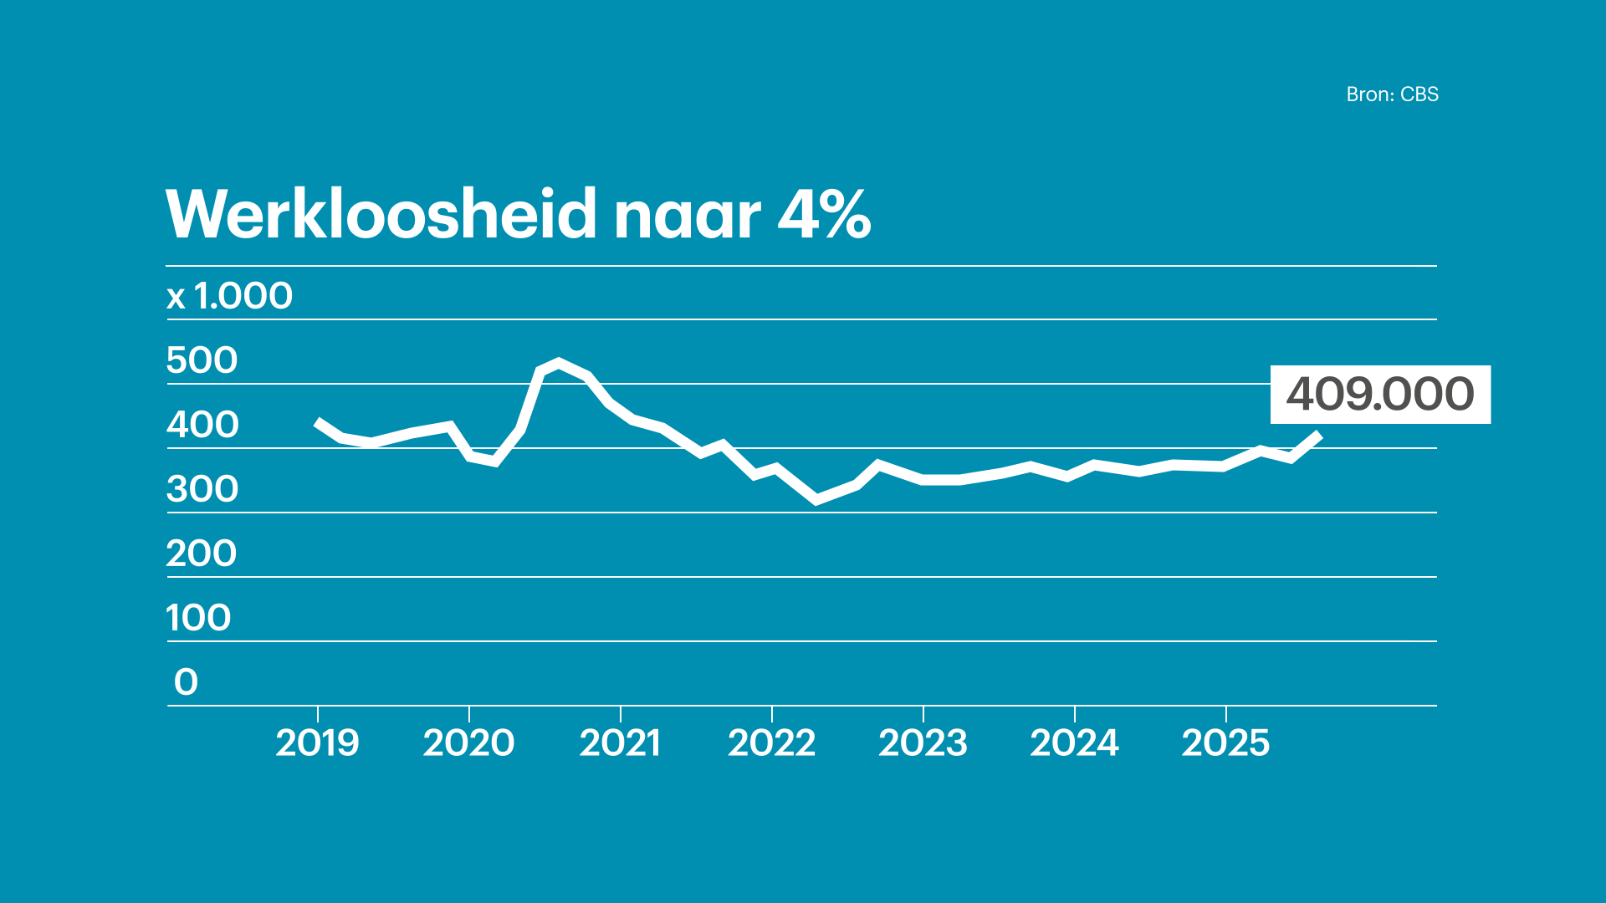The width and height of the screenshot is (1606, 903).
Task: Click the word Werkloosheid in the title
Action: pos(381,214)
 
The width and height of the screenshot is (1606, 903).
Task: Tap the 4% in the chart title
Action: pos(824,214)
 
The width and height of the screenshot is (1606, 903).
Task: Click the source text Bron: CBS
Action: pos(1392,94)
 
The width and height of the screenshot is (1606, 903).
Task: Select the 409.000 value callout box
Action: pos(1379,394)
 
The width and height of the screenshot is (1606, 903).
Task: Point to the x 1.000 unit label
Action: pos(230,296)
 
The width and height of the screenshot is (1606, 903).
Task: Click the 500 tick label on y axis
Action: pos(202,360)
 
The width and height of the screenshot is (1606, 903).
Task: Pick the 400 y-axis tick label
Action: pos(202,425)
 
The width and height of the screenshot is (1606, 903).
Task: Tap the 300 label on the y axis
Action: pos(202,489)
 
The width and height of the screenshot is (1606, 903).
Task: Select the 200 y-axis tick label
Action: pos(202,554)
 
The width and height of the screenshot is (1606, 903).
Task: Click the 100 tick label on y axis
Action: pos(198,618)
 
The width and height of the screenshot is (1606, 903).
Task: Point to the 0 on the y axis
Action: pos(186,682)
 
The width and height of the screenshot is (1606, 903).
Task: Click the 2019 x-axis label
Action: pos(317,742)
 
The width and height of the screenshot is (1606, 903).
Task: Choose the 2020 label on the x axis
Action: pos(468,742)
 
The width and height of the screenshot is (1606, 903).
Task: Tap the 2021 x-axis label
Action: pos(620,742)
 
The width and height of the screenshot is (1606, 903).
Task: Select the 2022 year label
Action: pos(771,742)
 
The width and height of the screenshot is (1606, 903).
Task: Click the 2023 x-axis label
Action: pos(923,742)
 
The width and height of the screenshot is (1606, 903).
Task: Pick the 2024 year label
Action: pos(1074,742)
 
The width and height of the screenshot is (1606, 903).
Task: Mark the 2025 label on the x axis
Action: pos(1225,742)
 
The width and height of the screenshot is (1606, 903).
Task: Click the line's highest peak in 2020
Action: pos(559,362)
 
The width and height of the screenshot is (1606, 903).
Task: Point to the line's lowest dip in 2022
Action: pos(816,501)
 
